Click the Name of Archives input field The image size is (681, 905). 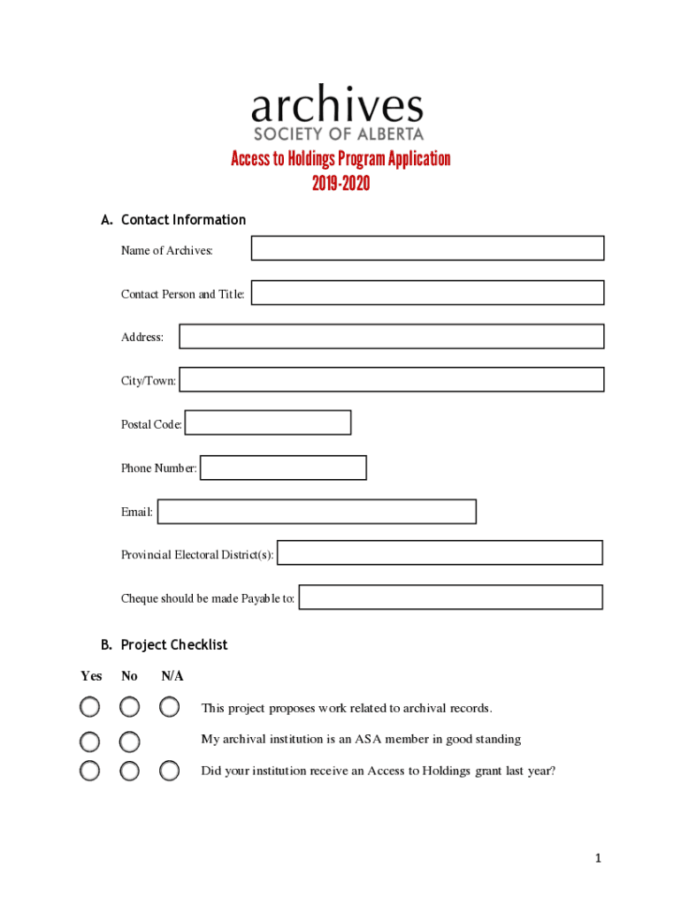427,248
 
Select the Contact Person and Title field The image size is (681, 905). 427,293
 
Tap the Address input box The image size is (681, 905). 391,337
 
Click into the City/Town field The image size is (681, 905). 391,380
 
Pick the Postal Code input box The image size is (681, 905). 268,423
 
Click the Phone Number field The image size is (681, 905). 283,468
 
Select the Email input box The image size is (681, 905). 317,512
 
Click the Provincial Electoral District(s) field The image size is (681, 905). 440,553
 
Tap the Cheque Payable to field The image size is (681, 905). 451,597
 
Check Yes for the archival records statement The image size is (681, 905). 89,707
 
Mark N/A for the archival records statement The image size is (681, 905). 170,707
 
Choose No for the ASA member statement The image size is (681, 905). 130,740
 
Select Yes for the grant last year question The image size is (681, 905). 89,772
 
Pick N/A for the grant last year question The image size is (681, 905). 170,772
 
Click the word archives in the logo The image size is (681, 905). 337,107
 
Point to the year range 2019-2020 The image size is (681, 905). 340,184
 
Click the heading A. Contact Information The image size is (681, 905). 173,220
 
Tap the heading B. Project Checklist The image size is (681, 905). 164,645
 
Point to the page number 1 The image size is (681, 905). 599,858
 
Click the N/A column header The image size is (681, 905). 172,676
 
